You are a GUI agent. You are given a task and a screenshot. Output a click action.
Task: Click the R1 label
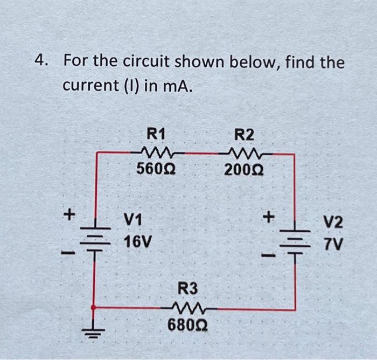(x=157, y=133)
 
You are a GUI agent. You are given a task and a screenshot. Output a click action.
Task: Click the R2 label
(x=245, y=134)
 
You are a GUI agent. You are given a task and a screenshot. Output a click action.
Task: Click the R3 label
(x=187, y=288)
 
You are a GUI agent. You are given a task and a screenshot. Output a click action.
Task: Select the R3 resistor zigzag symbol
(x=188, y=308)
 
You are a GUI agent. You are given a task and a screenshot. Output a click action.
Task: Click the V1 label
(x=133, y=219)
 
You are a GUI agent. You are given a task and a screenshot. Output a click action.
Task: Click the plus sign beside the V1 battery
(x=68, y=214)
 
